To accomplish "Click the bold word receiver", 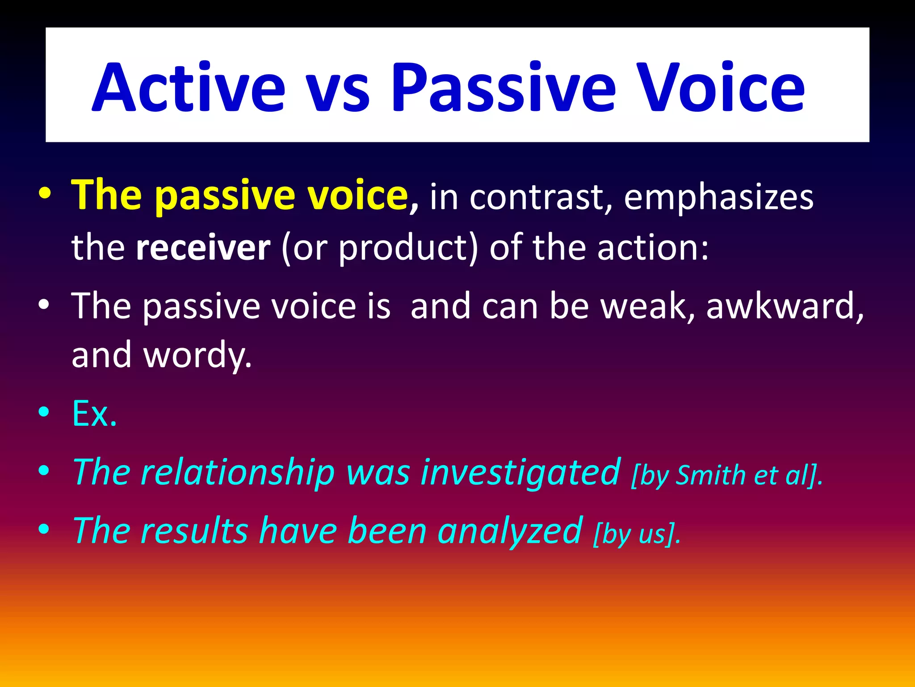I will (203, 248).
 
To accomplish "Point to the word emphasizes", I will (718, 198).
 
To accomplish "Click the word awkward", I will (784, 306).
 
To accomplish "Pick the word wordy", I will (197, 356).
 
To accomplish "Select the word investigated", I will (520, 473).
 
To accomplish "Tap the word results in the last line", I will (194, 531).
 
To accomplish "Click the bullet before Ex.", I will (44, 412).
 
